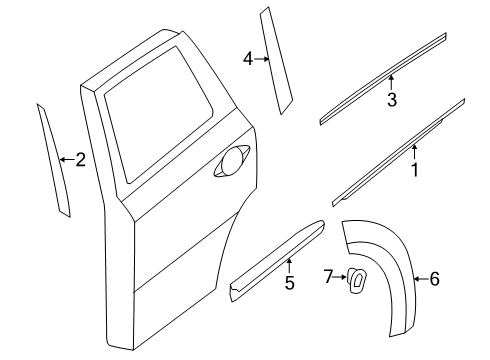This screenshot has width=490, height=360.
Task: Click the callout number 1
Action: tap(413, 171)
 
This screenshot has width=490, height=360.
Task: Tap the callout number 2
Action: tap(80, 159)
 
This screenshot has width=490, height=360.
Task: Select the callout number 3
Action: tap(392, 99)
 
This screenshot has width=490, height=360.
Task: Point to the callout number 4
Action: tap(247, 59)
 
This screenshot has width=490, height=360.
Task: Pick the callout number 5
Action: tap(289, 283)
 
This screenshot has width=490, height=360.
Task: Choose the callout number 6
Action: tap(434, 280)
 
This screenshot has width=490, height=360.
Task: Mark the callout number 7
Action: tap(328, 275)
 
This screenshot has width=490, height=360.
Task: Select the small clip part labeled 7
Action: tap(356, 283)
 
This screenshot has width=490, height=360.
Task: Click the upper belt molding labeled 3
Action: tap(384, 78)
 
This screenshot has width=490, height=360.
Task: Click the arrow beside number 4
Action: tap(262, 59)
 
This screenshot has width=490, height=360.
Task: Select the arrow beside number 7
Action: tap(340, 276)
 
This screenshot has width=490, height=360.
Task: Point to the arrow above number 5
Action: tap(289, 266)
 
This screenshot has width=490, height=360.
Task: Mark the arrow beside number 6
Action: tap(420, 280)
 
